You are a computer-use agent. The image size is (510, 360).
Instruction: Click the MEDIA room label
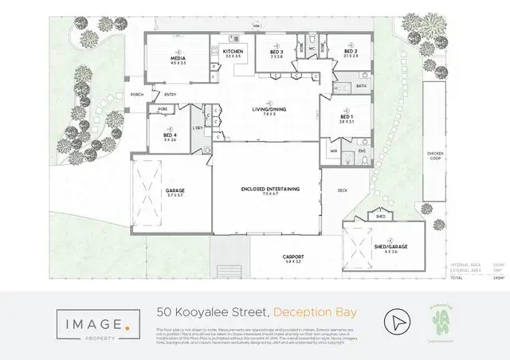[178, 60]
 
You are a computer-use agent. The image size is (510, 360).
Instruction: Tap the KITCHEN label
[233, 51]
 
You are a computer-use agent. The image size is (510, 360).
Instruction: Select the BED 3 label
[277, 52]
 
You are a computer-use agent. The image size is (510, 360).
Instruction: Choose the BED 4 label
[170, 135]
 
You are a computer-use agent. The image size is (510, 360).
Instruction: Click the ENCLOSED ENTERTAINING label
[269, 188]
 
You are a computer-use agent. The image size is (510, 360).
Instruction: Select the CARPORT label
[292, 256]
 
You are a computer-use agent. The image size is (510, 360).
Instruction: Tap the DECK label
[342, 190]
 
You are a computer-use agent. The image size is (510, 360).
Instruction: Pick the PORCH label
[137, 94]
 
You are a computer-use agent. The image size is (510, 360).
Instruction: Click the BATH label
[361, 85]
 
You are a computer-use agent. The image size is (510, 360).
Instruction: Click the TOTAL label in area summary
[457, 278]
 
